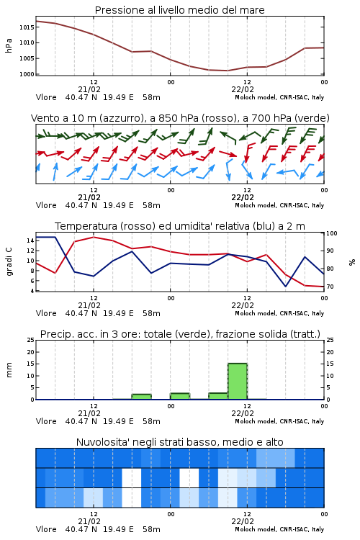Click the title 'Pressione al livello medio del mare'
[x=179, y=10]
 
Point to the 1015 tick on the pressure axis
[x=27, y=27]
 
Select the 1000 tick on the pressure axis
[x=27, y=74]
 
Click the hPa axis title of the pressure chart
[x=9, y=45]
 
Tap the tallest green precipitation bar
[x=238, y=381]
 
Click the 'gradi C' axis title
[x=9, y=262]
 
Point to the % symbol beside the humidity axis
[x=352, y=262]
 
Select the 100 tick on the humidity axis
[x=331, y=233]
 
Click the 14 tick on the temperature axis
[x=30, y=240]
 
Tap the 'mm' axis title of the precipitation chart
[x=9, y=370]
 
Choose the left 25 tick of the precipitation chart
[x=30, y=341]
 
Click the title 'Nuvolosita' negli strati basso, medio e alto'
[x=179, y=442]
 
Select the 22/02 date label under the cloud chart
[x=243, y=521]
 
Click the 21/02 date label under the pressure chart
[x=89, y=89]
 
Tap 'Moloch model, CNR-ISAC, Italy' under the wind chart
[x=279, y=205]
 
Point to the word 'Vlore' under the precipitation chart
[x=46, y=421]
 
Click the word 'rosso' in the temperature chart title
[x=138, y=226]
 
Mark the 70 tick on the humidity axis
[x=330, y=287]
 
